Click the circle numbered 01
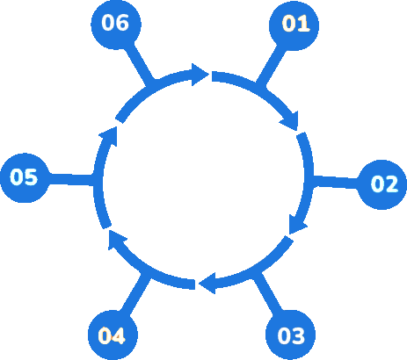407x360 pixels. (294, 25)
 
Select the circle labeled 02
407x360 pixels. (382, 184)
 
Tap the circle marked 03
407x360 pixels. (290, 335)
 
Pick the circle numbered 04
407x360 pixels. (113, 335)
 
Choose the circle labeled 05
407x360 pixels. (25, 177)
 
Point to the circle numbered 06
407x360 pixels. (116, 25)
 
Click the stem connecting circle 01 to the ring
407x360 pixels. (271, 66)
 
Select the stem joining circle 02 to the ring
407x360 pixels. (336, 182)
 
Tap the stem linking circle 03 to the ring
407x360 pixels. (267, 292)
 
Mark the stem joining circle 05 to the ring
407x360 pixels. (71, 179)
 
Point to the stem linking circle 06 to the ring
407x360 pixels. (139, 64)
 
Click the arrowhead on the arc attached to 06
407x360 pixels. (200, 75)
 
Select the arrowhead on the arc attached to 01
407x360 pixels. (290, 120)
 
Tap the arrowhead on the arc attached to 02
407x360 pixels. (296, 225)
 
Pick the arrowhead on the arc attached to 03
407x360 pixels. (207, 283)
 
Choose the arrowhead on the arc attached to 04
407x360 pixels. (116, 240)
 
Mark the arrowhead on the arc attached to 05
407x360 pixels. (109, 136)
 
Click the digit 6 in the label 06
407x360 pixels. (122, 23)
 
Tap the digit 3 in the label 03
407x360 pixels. (298, 335)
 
